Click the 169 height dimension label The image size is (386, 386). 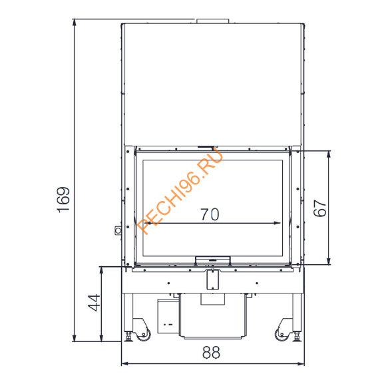click(x=63, y=200)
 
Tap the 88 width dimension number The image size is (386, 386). click(x=211, y=353)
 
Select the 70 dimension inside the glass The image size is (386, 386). click(x=210, y=214)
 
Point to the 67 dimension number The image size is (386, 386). click(x=319, y=208)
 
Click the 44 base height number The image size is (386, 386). click(x=94, y=303)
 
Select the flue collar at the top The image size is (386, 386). click(x=213, y=21)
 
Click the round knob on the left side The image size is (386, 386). click(x=118, y=230)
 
